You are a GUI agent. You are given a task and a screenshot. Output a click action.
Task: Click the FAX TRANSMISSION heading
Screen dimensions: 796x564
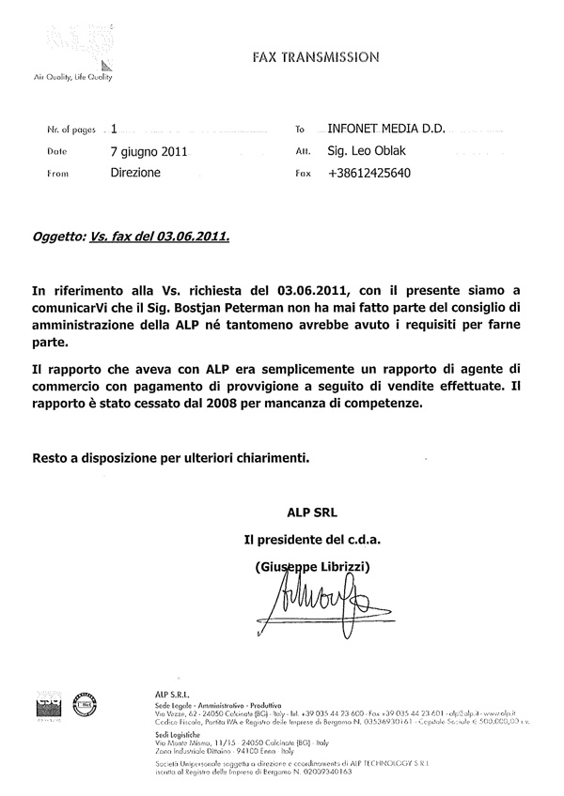pos(315,57)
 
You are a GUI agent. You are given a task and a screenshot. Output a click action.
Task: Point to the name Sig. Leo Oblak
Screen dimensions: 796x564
pos(368,150)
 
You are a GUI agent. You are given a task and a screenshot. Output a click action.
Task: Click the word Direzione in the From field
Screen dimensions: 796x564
pos(135,174)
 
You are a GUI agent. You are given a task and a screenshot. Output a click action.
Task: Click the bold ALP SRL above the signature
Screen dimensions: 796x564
pos(312,513)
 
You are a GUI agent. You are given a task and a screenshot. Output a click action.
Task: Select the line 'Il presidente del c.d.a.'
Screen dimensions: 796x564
pos(312,540)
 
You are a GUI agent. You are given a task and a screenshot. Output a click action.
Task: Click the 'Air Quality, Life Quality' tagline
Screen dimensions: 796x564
pos(73,77)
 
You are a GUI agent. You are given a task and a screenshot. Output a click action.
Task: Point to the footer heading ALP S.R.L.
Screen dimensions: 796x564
pos(176,690)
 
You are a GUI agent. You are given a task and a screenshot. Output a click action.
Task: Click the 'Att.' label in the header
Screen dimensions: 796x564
pos(303,151)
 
